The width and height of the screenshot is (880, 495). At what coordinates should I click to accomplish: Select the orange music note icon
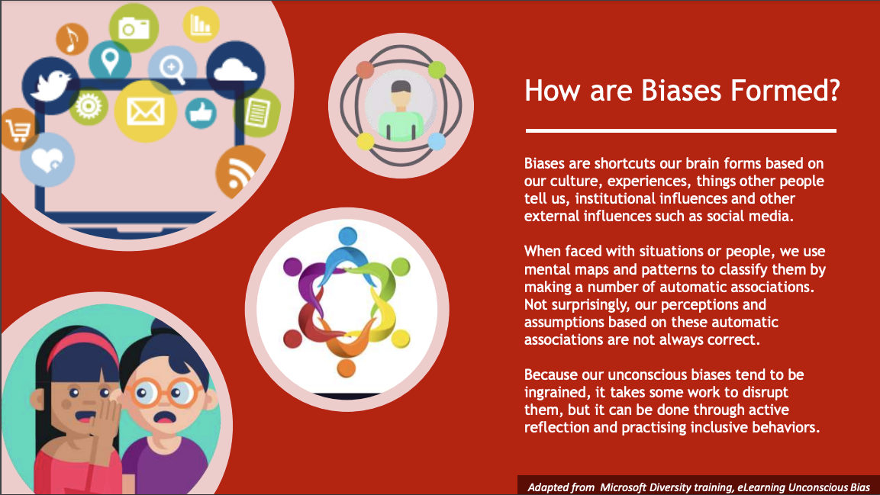point(71,39)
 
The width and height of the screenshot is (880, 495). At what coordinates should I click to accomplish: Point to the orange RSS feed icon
point(240,174)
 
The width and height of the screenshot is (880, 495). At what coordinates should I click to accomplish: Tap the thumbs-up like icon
point(201,112)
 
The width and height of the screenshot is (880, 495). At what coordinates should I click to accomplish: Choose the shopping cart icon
point(15,130)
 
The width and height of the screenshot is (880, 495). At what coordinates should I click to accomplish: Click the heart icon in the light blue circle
point(47,161)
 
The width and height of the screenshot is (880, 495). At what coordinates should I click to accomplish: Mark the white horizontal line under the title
point(680,130)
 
